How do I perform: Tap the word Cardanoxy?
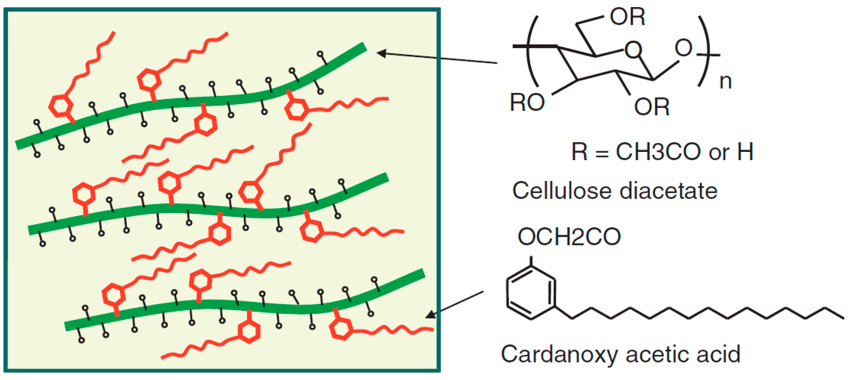click(559, 355)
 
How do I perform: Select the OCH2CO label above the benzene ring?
click(569, 237)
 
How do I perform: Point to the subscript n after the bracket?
click(726, 81)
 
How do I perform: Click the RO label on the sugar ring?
click(527, 102)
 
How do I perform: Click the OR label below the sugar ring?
click(652, 107)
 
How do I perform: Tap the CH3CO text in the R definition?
click(658, 152)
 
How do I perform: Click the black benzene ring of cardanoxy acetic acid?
click(531, 293)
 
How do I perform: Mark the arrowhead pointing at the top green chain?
click(382, 53)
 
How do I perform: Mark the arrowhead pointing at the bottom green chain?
click(431, 315)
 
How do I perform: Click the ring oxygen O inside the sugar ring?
click(633, 50)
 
